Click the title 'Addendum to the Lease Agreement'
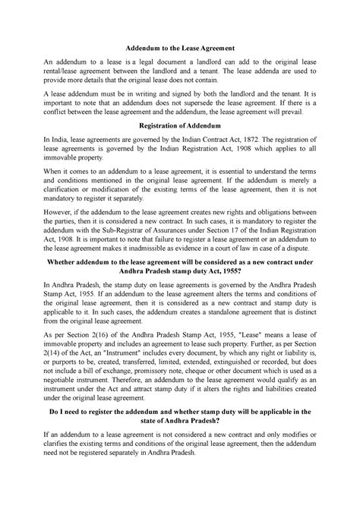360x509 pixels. (x=179, y=46)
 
